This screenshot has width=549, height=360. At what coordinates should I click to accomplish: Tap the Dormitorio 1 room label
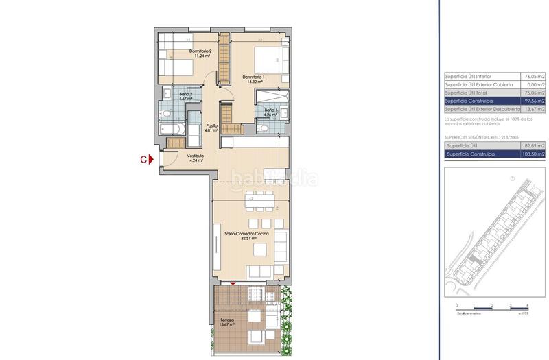(253, 80)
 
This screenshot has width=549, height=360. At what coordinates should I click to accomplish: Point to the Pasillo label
(212, 128)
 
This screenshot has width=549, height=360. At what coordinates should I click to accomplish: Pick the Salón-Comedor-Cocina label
(246, 235)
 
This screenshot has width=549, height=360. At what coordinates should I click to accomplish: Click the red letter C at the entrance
(143, 160)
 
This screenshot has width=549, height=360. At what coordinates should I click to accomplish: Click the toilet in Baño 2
(165, 111)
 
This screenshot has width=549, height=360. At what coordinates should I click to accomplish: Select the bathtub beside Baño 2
(172, 129)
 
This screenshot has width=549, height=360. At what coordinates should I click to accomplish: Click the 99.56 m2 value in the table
(533, 101)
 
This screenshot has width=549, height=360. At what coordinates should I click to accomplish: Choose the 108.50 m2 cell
(531, 154)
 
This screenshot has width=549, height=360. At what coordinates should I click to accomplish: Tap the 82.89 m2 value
(533, 146)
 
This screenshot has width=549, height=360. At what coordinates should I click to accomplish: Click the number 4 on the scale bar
(526, 304)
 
